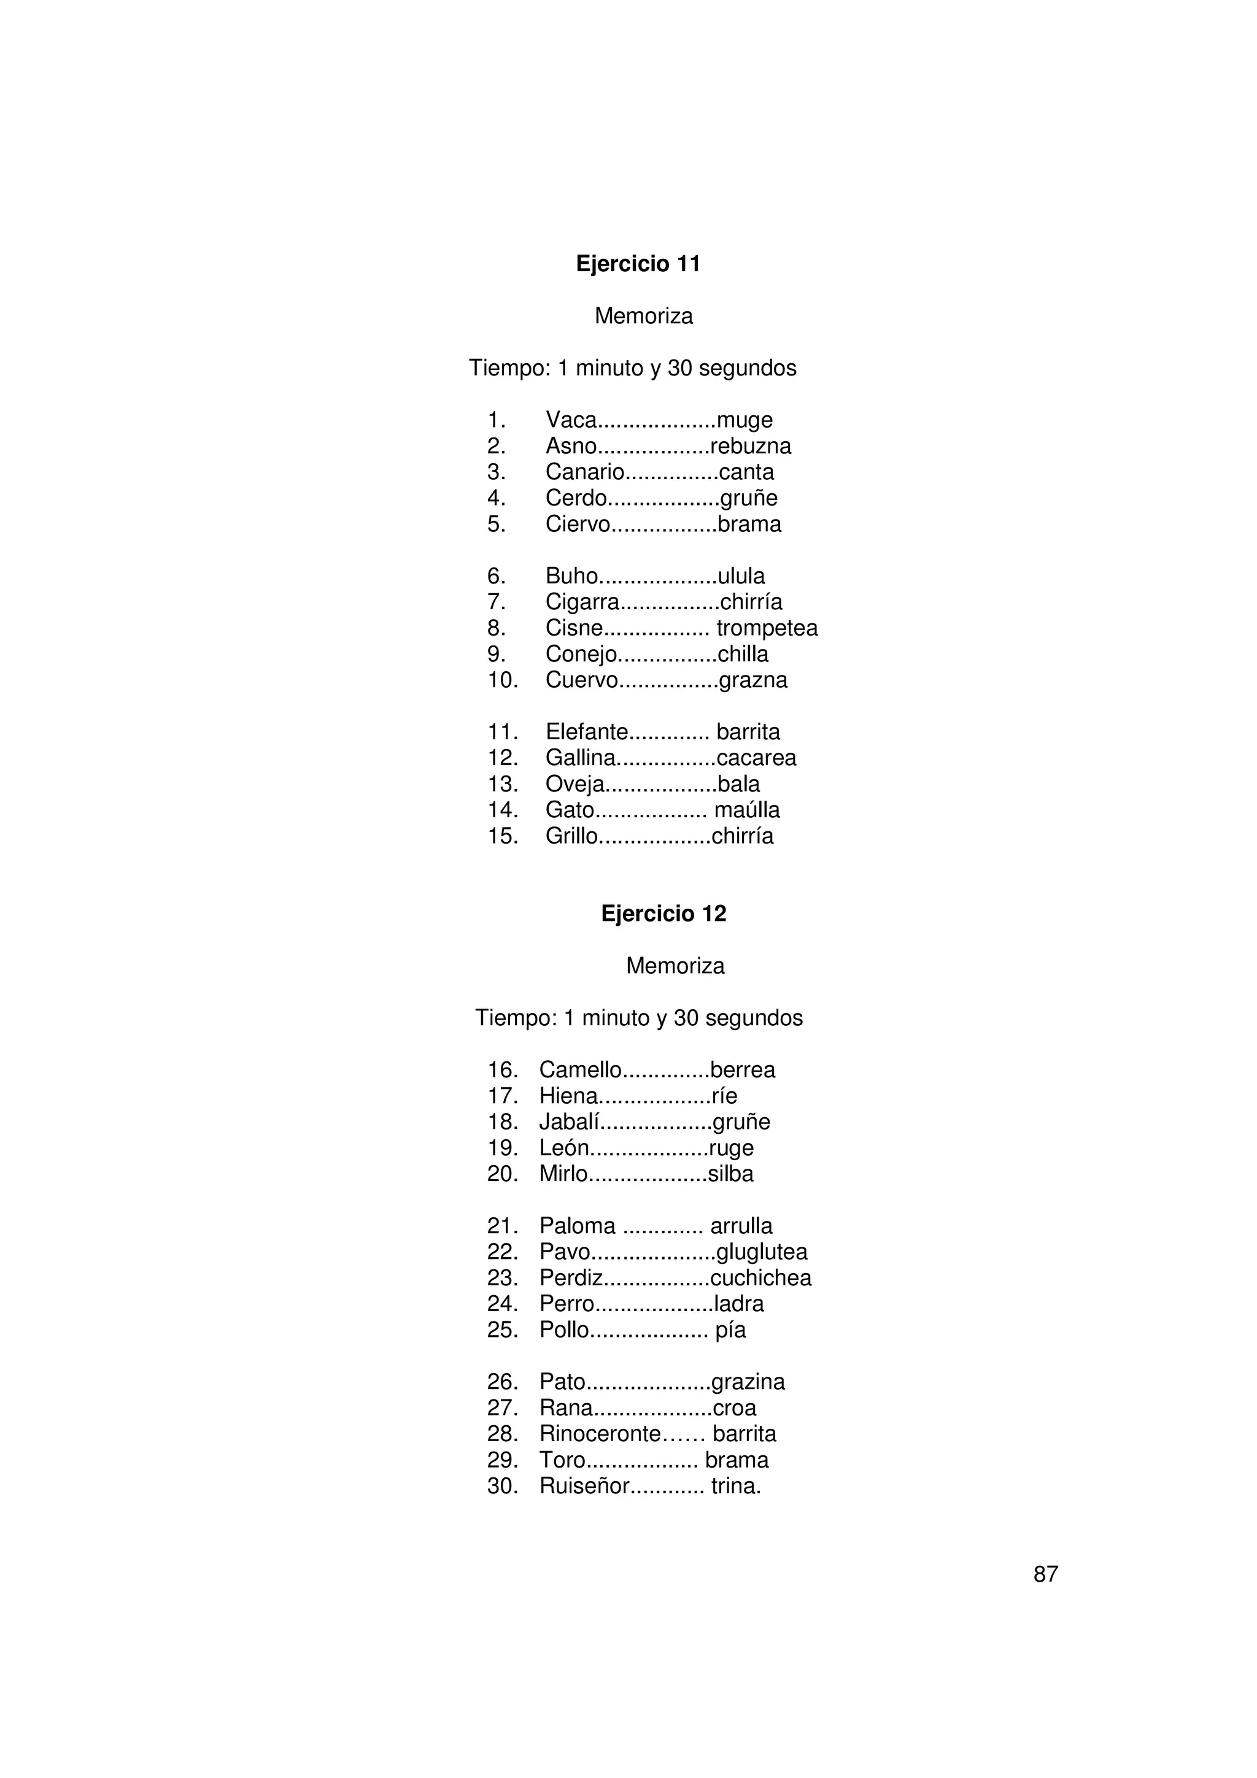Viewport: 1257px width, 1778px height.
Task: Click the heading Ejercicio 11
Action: coord(638,264)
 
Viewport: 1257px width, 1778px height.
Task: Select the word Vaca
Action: coord(571,420)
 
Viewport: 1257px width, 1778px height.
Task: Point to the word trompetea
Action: coord(766,628)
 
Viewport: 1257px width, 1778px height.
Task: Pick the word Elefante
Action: coord(586,732)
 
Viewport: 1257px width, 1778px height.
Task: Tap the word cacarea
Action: coord(756,758)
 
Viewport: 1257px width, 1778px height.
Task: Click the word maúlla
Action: coord(746,810)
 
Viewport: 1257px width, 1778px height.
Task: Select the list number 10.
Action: coord(502,680)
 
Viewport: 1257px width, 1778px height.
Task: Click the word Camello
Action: coord(580,1070)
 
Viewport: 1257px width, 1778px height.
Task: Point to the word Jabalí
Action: coord(569,1122)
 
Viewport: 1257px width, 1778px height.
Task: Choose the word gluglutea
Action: coord(761,1252)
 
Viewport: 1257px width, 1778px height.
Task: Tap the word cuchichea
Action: coord(760,1279)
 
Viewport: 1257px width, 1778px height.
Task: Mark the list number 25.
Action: coord(502,1330)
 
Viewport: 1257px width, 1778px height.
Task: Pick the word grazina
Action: coord(748,1382)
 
